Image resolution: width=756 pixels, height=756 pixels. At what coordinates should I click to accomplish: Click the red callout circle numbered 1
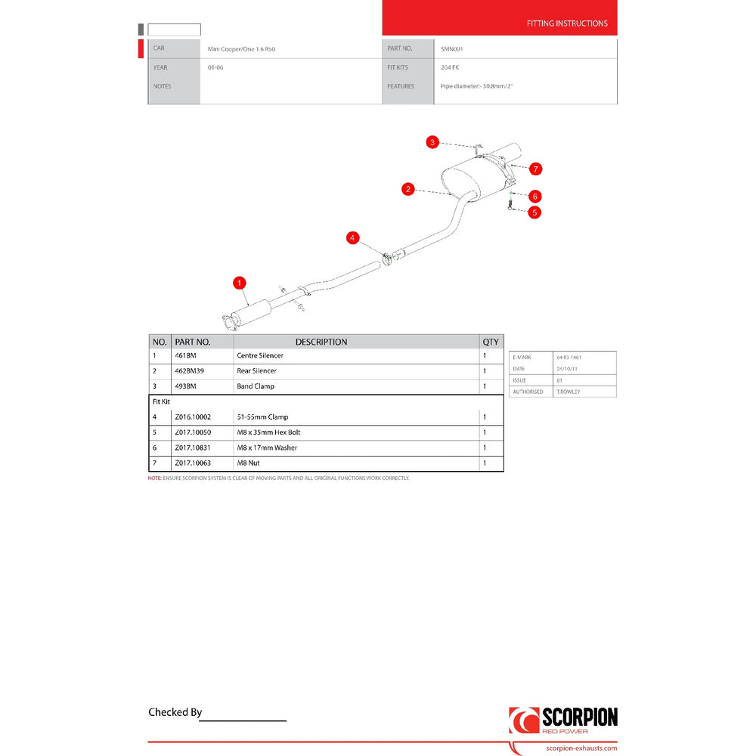(240, 283)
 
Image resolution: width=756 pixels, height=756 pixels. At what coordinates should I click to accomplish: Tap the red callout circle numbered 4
(352, 238)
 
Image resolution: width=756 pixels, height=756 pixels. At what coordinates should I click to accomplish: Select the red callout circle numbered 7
(536, 168)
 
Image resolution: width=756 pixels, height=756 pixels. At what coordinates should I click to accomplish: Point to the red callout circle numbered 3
(432, 142)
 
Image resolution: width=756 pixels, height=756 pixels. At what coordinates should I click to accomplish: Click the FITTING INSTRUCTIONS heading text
(567, 23)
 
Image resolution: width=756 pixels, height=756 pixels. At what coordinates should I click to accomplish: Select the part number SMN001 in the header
(451, 48)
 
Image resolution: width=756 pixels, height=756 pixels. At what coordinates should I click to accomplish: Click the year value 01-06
(215, 67)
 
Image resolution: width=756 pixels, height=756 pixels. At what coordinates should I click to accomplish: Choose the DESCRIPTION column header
(321, 342)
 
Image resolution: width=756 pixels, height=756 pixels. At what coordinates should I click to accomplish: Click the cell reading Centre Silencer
(260, 355)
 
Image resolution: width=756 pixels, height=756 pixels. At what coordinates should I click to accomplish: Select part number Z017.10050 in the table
(194, 432)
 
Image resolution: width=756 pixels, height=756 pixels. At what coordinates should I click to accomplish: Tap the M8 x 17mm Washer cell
(267, 448)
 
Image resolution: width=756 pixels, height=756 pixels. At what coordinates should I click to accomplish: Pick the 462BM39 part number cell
(188, 371)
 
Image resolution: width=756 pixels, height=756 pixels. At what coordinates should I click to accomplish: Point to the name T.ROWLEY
(569, 392)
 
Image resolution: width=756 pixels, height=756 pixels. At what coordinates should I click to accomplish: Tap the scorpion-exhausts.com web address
(581, 748)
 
